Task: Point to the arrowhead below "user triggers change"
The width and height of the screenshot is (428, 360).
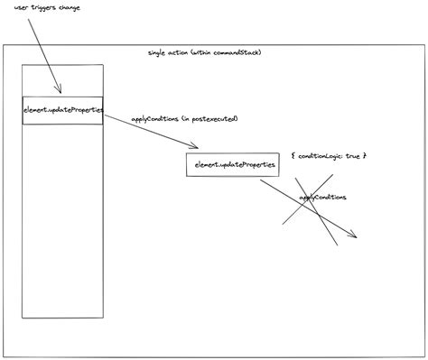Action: coord(59,90)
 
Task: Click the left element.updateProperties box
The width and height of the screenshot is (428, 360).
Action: coord(63,109)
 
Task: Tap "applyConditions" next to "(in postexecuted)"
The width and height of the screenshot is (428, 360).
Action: coord(154,118)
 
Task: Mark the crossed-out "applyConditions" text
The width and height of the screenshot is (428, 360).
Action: coord(322,197)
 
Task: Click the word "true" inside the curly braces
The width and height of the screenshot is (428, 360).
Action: coord(352,155)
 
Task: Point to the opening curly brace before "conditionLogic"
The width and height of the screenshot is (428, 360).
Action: coord(293,155)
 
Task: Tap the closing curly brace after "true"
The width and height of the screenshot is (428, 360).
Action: coord(364,155)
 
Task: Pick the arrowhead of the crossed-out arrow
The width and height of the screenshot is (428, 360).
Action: coord(355,236)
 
